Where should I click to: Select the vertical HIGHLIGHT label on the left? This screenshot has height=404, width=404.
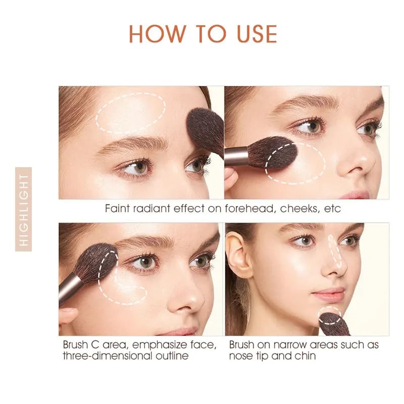click(x=23, y=209)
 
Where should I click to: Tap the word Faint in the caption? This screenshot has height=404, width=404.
click(x=118, y=208)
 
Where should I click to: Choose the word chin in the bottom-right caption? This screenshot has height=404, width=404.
click(x=305, y=356)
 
